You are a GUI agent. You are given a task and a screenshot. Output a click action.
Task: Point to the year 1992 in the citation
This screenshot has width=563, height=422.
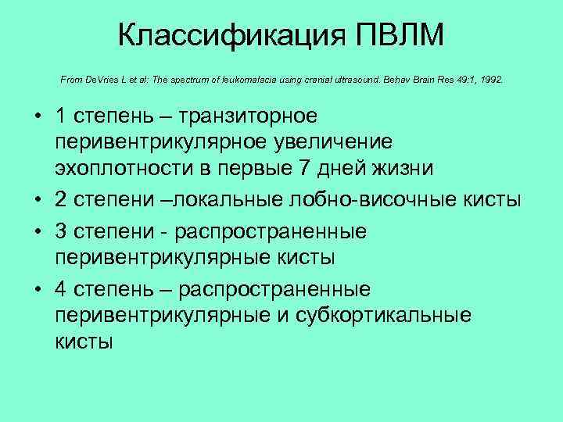pyautogui.click(x=488, y=80)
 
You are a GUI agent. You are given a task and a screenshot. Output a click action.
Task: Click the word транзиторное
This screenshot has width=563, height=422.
pyautogui.click(x=248, y=116)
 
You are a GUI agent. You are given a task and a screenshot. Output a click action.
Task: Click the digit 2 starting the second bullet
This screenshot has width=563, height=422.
pyautogui.click(x=61, y=201)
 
